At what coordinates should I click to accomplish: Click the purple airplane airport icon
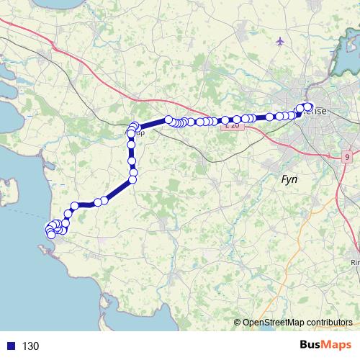280,41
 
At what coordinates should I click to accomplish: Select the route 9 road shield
347,156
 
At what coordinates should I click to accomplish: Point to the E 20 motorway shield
231,125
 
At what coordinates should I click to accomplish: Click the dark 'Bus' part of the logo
312,346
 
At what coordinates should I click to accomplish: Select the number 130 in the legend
30,346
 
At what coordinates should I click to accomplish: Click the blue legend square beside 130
11,346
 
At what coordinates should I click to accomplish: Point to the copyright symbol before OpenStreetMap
237,323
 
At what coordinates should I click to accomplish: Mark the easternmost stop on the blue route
308,108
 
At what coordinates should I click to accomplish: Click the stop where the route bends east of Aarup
168,120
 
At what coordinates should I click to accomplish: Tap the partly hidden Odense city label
317,112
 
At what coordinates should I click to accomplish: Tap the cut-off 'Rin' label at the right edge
355,262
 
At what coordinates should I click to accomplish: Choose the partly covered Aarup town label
140,133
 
